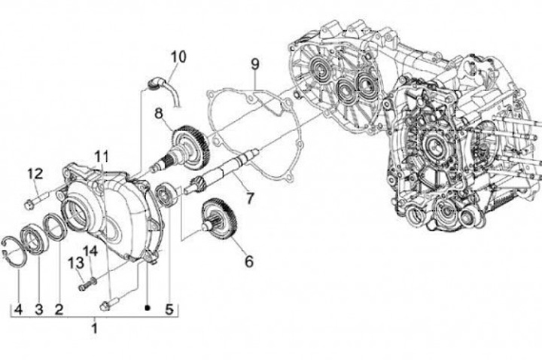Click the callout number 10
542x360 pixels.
pos(178,56)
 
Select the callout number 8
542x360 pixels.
pos(160,114)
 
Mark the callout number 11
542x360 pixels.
pos(101,157)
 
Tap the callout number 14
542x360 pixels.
pos(90,251)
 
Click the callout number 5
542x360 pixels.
pos(169,308)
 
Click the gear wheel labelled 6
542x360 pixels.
pos(221,221)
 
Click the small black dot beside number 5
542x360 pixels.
pos(148,308)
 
